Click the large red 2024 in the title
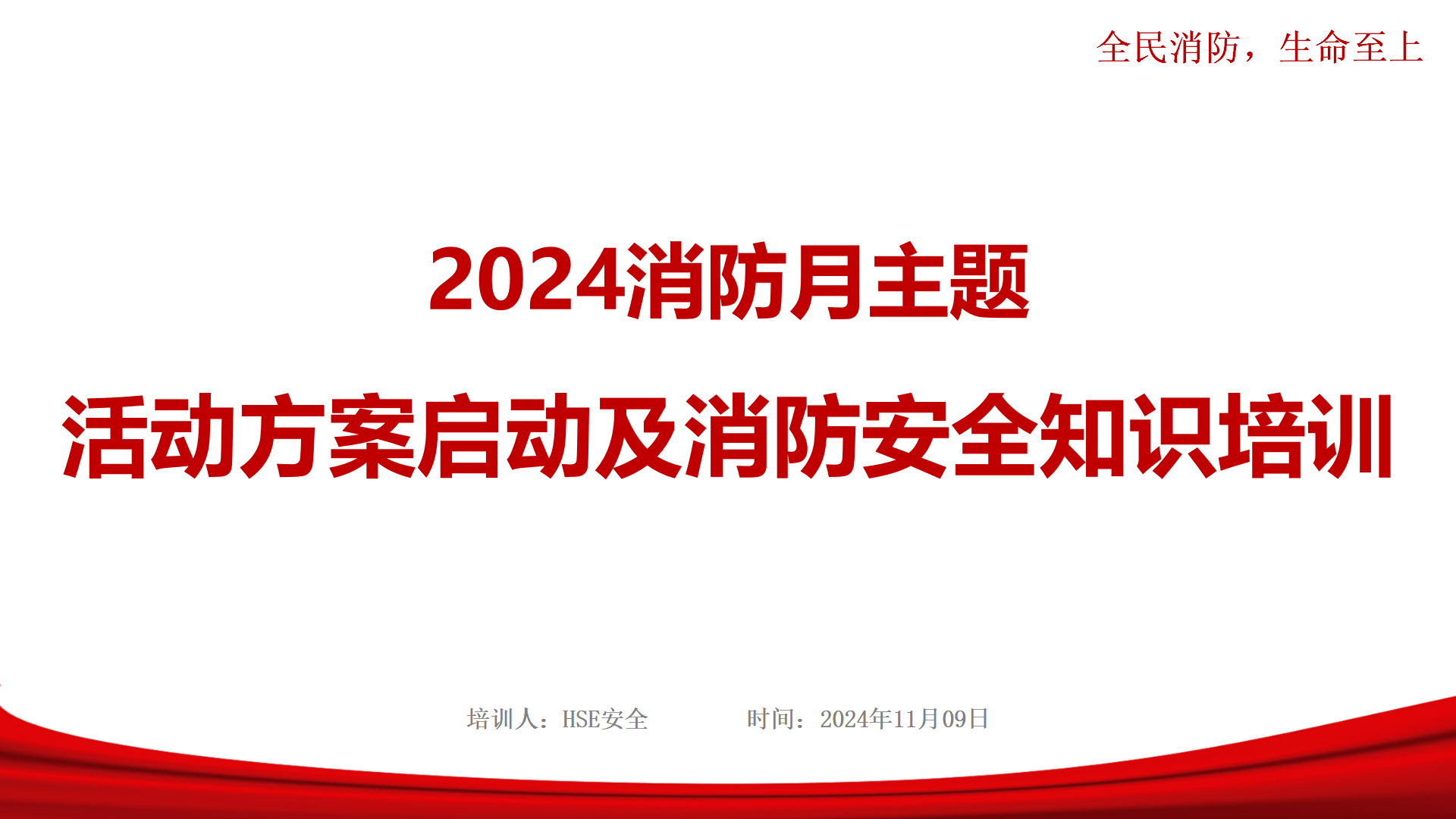pos(527,281)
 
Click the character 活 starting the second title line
pos(105,436)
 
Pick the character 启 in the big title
pos(460,436)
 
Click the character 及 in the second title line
pos(639,436)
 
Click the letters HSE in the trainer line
pos(581,719)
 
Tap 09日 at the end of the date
pos(965,719)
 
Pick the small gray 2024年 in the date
pos(856,719)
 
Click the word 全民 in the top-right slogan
pos(1132,47)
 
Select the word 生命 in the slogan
pos(1314,47)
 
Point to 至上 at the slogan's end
pos(1387,47)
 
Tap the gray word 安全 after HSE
pos(625,719)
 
